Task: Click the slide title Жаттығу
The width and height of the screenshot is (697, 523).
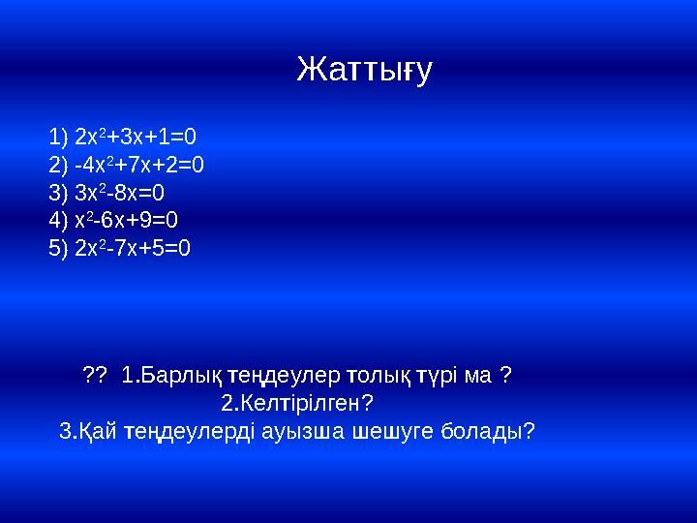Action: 364,71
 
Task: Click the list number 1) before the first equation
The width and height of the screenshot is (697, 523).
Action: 58,136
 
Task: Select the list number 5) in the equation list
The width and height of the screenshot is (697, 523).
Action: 58,248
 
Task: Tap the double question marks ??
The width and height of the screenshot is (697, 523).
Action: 95,374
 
